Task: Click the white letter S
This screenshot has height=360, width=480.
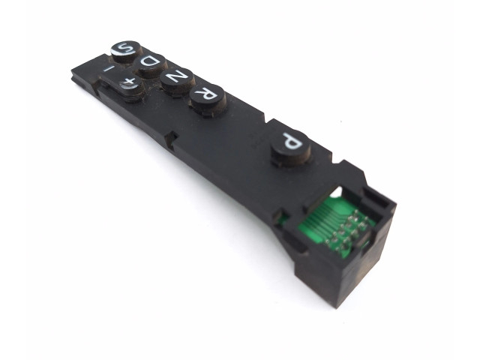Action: point(124,48)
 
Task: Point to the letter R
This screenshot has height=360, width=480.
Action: point(207,93)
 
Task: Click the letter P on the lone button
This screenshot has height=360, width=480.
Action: point(291,141)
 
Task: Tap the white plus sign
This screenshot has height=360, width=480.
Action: point(128,82)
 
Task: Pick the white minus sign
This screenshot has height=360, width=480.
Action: point(109,70)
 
